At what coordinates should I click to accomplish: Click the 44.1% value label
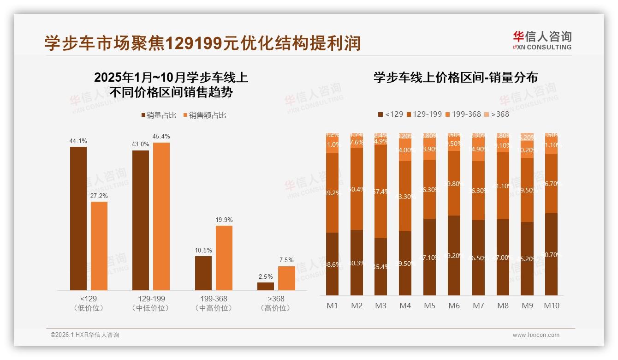[78, 141]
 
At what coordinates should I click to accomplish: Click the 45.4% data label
[161, 137]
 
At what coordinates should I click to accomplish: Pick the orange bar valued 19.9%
[224, 258]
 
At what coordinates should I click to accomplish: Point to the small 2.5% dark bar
[265, 286]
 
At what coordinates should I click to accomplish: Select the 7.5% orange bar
[286, 278]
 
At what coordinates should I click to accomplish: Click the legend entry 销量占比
[158, 115]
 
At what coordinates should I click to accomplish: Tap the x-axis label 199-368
[214, 299]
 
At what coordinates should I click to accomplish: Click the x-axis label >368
[276, 299]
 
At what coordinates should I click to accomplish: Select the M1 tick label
[332, 306]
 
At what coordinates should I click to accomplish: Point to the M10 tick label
[551, 306]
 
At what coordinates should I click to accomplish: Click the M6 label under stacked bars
[454, 306]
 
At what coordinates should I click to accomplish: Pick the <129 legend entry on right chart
[390, 114]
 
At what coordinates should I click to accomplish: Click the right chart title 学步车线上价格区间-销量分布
[456, 78]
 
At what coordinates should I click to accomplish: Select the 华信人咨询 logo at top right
[542, 40]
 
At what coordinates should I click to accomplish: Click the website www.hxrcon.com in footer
[536, 335]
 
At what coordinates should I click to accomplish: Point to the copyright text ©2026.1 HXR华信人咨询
[85, 335]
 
